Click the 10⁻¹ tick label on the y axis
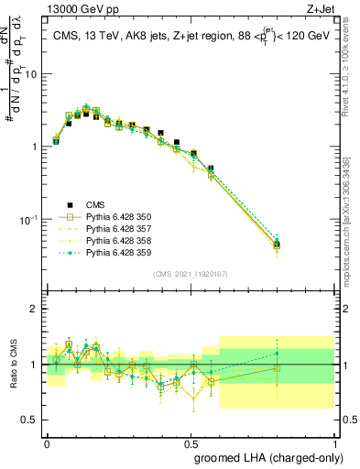coord(28,220)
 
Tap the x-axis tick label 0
coord(47,441)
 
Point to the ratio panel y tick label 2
coord(35,309)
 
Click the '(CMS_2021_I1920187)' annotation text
coord(191,273)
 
